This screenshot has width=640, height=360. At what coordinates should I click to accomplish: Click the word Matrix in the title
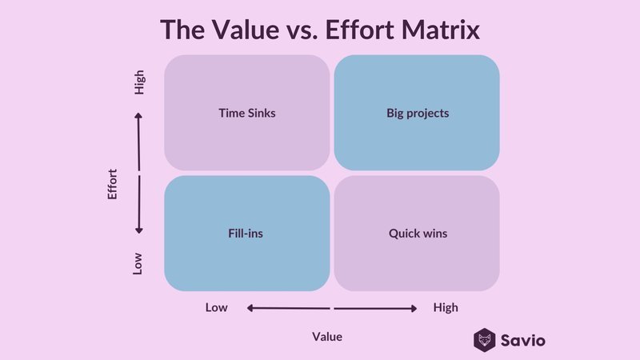pyautogui.click(x=441, y=30)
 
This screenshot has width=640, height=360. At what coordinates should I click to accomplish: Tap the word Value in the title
pyautogui.click(x=246, y=30)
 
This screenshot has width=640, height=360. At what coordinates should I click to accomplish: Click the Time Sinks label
pyautogui.click(x=247, y=113)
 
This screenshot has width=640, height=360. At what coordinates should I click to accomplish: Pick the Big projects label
pyautogui.click(x=418, y=113)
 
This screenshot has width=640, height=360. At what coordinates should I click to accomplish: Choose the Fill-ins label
pyautogui.click(x=246, y=234)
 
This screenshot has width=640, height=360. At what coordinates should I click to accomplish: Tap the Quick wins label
pyautogui.click(x=418, y=234)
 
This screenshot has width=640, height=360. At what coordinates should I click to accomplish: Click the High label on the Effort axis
pyautogui.click(x=139, y=82)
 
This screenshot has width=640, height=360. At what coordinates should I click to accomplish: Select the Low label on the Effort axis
pyautogui.click(x=138, y=264)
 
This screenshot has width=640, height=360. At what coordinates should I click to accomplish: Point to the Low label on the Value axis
pyautogui.click(x=216, y=307)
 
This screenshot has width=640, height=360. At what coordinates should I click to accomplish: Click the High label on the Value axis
pyautogui.click(x=446, y=307)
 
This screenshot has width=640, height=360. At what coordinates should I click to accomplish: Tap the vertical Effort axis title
pyautogui.click(x=112, y=184)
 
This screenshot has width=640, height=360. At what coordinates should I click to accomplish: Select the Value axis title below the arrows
pyautogui.click(x=327, y=337)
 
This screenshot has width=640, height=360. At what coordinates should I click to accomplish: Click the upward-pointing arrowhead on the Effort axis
pyautogui.click(x=138, y=115)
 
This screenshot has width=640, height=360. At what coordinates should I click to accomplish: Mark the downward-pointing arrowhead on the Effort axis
pyautogui.click(x=138, y=230)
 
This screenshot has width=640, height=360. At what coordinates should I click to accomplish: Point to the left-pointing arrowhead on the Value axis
pyautogui.click(x=250, y=308)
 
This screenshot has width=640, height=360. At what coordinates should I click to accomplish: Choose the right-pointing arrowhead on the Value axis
pyautogui.click(x=414, y=309)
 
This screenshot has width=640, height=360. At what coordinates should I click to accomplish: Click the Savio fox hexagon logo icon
pyautogui.click(x=485, y=340)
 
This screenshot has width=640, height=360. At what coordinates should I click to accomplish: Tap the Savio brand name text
pyautogui.click(x=523, y=341)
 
